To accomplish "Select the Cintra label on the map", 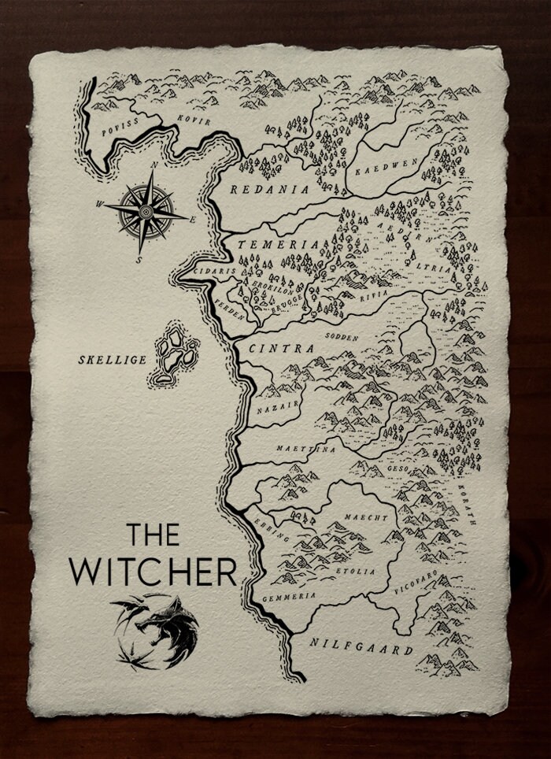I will tap(281, 348).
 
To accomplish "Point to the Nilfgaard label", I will tap(362, 647).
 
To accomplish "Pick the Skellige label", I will tap(112, 360).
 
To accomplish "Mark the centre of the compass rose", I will tap(146, 212).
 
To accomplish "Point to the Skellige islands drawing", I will tap(175, 354).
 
